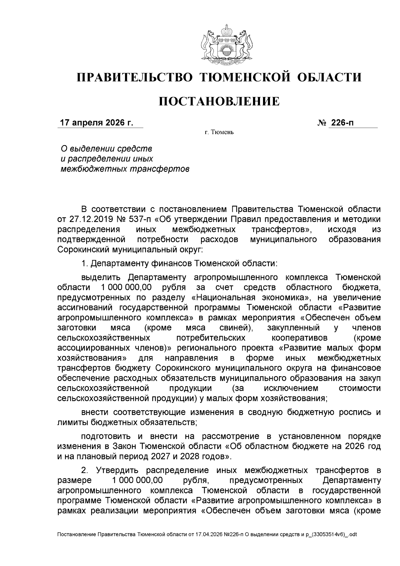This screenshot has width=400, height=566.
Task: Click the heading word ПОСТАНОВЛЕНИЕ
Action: pyautogui.click(x=219, y=101)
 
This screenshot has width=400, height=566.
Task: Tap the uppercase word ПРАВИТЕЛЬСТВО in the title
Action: pyautogui.click(x=135, y=77)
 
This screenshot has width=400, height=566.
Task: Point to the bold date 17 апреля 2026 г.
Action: pyautogui.click(x=96, y=123)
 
